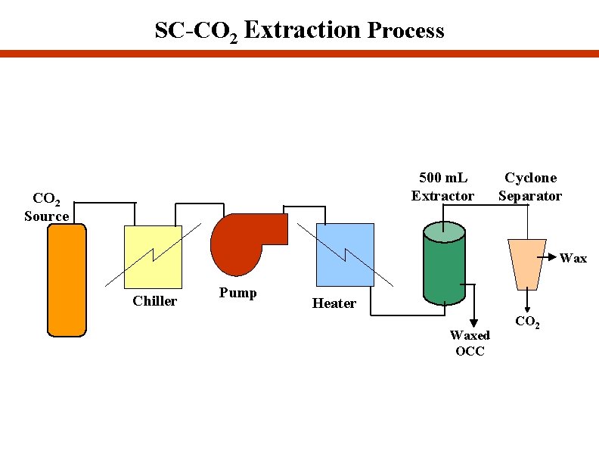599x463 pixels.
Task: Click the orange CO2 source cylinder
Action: [x=67, y=280]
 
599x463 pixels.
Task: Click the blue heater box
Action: [x=345, y=255]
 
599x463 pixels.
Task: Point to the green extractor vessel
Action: [x=442, y=269]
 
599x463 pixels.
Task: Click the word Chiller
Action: [x=154, y=301]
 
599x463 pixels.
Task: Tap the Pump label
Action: [x=237, y=293]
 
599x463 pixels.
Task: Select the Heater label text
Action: [x=334, y=303]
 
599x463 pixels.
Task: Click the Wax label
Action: [x=573, y=258]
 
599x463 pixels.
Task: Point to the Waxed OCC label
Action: [x=470, y=343]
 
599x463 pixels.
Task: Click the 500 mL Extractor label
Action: [x=442, y=187]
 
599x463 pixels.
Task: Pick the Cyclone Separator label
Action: [x=529, y=187]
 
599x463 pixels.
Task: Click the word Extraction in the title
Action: [x=303, y=30]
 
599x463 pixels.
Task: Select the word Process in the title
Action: [x=405, y=31]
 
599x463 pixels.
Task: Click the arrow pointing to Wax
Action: [x=550, y=257]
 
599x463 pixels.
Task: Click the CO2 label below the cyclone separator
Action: [x=527, y=322]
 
